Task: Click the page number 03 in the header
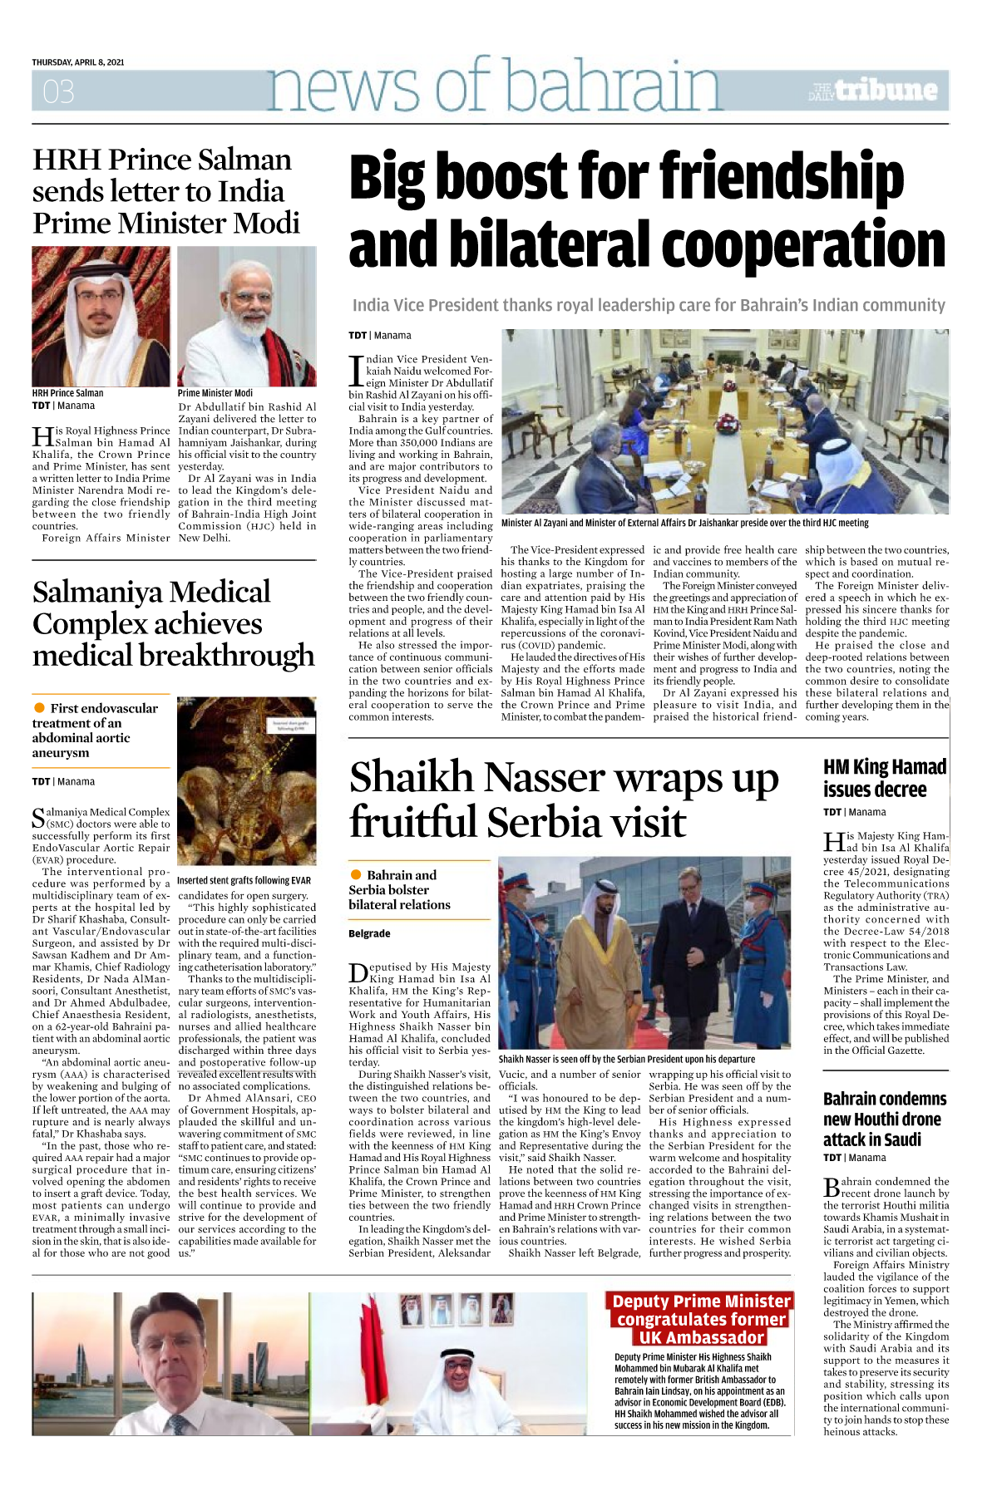coord(58,91)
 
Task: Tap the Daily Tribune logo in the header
coord(873,91)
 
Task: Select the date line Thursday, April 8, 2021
coord(78,62)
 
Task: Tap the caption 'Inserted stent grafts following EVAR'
coord(244,880)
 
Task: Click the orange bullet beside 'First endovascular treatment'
coord(39,707)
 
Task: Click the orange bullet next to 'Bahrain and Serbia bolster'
coord(356,874)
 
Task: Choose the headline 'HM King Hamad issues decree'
coord(885,778)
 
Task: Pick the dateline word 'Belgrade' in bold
coord(369,933)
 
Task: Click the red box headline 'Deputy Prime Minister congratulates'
coord(701,1319)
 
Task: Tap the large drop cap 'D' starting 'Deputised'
coord(358,972)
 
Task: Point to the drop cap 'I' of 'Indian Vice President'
coord(356,371)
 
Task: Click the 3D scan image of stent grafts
coord(247,781)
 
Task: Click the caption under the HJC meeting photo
coord(684,524)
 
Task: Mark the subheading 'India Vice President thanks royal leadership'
coord(649,305)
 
